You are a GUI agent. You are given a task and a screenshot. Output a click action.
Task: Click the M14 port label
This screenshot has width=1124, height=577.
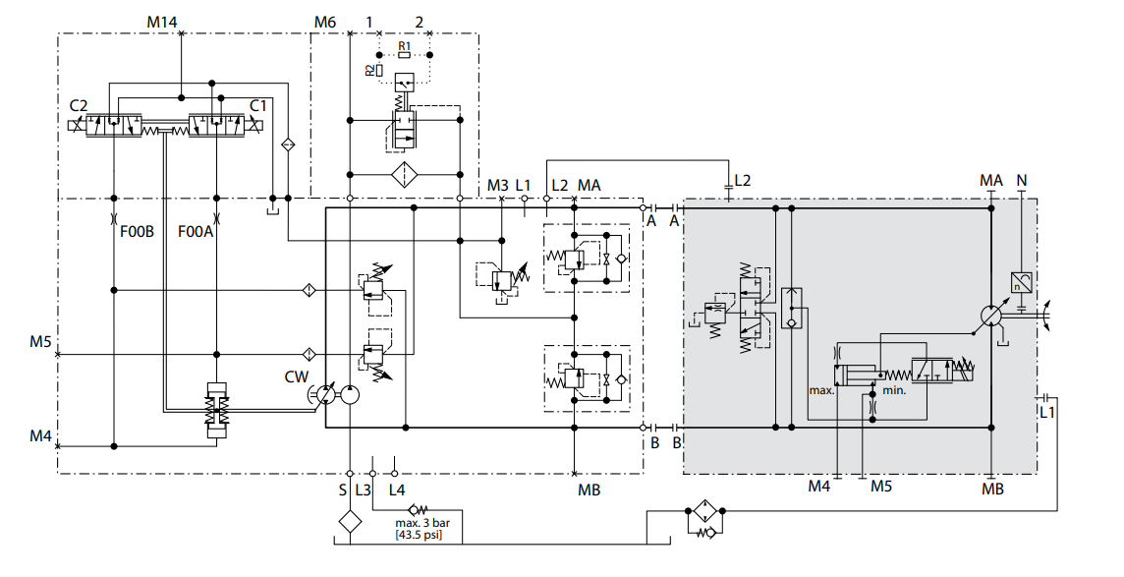click(162, 23)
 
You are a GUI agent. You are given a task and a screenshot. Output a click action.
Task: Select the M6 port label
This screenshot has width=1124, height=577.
click(325, 23)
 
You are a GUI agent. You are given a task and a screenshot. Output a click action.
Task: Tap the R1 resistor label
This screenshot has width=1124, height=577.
click(404, 46)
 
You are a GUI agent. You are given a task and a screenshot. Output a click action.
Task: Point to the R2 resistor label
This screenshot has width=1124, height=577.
click(368, 70)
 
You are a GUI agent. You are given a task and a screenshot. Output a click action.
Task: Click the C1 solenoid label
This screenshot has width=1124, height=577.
click(258, 106)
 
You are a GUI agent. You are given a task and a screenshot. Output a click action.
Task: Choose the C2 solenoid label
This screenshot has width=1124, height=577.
click(79, 106)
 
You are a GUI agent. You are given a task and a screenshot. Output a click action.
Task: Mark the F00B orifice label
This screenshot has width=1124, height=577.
click(137, 232)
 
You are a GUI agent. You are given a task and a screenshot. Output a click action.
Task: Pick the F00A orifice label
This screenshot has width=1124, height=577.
click(195, 232)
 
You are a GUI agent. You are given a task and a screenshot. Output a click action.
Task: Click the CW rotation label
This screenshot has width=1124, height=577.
click(296, 377)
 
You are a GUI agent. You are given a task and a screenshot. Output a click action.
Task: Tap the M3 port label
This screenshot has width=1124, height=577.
click(497, 186)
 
